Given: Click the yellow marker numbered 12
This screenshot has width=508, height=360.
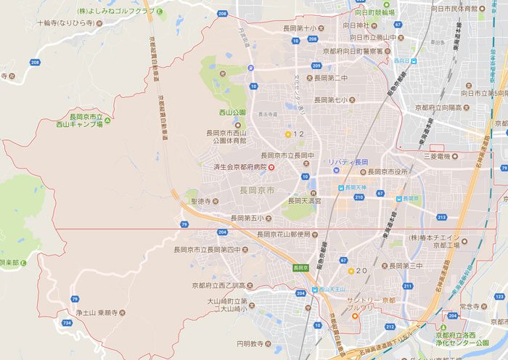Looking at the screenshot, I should click(288, 134).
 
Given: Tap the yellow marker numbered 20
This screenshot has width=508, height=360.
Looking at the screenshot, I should click(351, 271).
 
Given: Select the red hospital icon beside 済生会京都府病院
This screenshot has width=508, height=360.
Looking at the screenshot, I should click(271, 166).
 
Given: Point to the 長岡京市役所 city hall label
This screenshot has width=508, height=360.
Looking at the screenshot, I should click(393, 172).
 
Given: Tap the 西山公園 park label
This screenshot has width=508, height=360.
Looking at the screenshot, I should click(233, 112).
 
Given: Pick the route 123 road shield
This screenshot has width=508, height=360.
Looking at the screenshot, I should click(499, 297).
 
